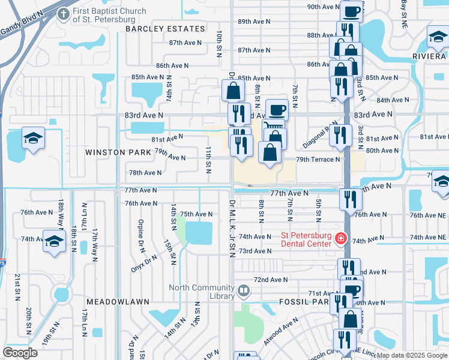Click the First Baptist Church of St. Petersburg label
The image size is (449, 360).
tap(109, 15)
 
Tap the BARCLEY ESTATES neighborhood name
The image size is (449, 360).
tap(165, 29)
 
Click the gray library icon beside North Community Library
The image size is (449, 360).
tap(243, 292)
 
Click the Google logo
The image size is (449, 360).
tap(20, 353)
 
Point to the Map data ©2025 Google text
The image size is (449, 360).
tap(411, 355)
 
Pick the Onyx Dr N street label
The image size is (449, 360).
tap(144, 263)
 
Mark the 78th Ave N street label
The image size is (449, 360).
tap(145, 173)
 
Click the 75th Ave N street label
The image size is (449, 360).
tap(196, 214)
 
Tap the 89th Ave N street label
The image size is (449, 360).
tap(254, 21)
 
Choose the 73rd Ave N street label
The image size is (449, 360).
tap(255, 251)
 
